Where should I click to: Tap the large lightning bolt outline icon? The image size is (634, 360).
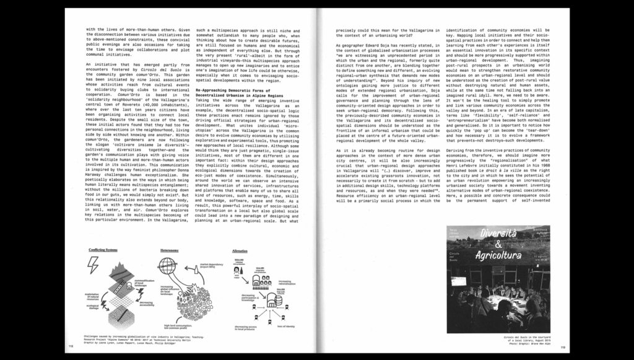[94, 265]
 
